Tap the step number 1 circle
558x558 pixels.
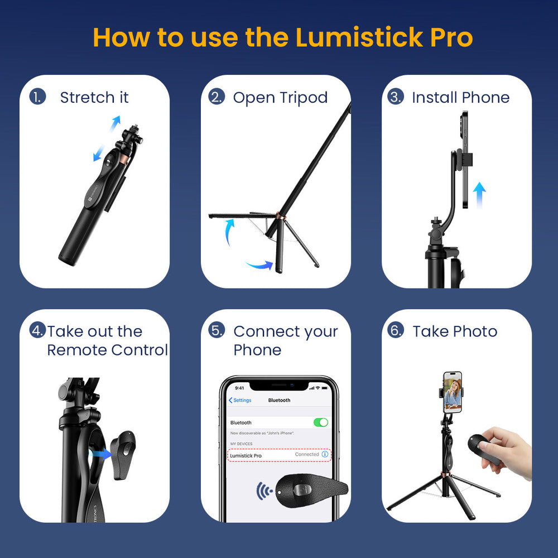tap(37, 97)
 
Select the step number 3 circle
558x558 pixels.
tap(396, 97)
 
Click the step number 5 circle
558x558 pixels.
tap(217, 330)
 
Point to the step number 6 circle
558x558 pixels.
tap(396, 330)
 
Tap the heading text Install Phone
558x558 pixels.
tap(460, 98)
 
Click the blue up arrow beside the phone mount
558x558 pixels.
tap(479, 195)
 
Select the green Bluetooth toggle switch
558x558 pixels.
tap(320, 422)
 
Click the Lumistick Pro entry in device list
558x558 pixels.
tap(246, 456)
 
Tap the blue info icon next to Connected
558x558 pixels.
tap(325, 455)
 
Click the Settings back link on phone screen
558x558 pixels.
tap(240, 400)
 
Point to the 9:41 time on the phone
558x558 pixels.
tap(239, 388)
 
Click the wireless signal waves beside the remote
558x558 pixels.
tap(264, 492)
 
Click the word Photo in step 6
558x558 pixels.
tap(477, 331)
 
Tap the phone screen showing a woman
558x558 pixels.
tap(453, 392)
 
